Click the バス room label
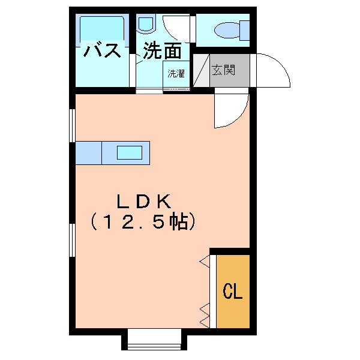pyautogui.click(x=102, y=50)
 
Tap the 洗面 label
pyautogui.click(x=163, y=51)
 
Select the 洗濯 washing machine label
pyautogui.click(x=176, y=73)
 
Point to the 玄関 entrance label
pyautogui.click(x=223, y=70)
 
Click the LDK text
pyautogui.click(x=144, y=202)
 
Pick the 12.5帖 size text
pyautogui.click(x=143, y=222)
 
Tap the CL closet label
pyautogui.click(x=233, y=290)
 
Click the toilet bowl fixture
pyautogui.click(x=227, y=31)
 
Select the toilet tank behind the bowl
pyautogui.click(x=245, y=31)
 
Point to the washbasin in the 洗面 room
pyautogui.click(x=146, y=23)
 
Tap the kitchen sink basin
pyautogui.click(x=130, y=152)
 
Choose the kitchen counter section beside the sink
pyautogui.click(x=89, y=153)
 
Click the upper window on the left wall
pyautogui.click(x=73, y=125)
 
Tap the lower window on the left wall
pyautogui.click(x=73, y=240)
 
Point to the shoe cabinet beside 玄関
pyautogui.click(x=202, y=70)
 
